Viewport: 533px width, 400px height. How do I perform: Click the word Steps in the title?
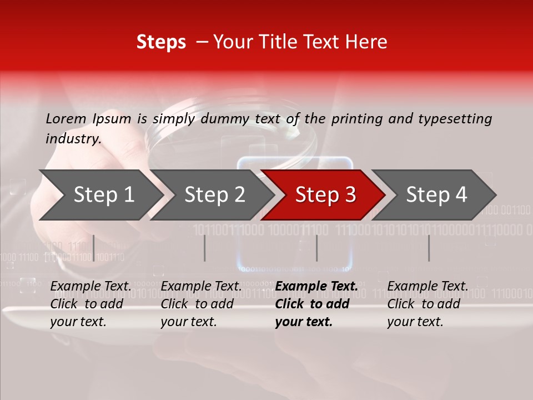click(161, 42)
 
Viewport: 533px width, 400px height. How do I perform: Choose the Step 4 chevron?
click(436, 195)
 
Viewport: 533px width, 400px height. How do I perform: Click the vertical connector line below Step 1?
click(94, 248)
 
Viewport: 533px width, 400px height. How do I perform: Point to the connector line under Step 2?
click(205, 248)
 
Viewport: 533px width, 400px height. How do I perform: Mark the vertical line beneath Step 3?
click(316, 248)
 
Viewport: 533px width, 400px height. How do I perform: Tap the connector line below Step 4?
click(429, 248)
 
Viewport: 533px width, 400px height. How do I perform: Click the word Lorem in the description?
click(66, 118)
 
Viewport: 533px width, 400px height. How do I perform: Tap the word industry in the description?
click(73, 139)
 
